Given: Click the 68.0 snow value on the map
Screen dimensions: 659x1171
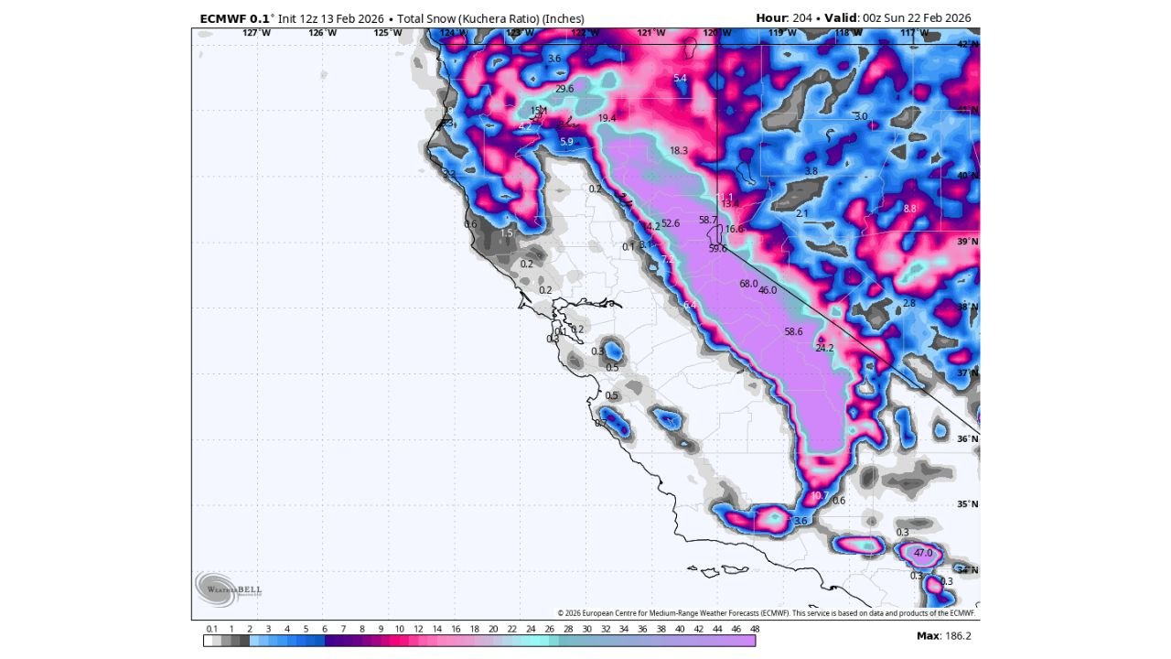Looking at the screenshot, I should [748, 285].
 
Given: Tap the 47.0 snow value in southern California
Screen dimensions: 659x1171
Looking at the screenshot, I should [923, 553].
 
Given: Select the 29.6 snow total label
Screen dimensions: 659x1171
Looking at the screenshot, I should [564, 89].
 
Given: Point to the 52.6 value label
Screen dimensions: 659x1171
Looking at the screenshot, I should [671, 223].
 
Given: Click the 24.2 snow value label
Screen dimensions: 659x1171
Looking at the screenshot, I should [824, 348].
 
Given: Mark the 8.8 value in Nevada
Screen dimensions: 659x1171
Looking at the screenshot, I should [909, 210].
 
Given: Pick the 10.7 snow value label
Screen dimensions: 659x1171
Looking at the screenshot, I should [819, 496].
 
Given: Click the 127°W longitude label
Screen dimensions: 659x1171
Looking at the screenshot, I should [256, 33].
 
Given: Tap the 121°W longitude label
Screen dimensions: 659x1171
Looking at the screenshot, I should [650, 33].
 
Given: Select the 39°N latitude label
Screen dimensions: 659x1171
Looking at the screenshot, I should [967, 242].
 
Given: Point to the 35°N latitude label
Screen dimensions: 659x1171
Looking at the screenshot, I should [967, 504].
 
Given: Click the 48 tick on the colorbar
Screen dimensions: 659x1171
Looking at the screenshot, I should [755, 629].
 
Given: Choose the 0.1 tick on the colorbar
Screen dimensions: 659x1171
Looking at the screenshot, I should [212, 629].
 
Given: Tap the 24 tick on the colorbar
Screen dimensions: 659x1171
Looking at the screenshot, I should [531, 629].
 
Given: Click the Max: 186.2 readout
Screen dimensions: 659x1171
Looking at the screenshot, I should [943, 635].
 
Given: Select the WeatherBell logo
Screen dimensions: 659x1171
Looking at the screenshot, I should [228, 589].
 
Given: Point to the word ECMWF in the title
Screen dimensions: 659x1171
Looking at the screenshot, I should [222, 18].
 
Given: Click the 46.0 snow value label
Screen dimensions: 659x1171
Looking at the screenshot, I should [768, 290].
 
